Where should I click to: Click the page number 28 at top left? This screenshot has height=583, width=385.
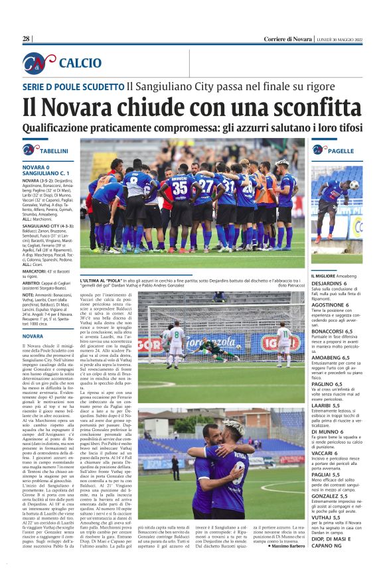pyautogui.click(x=26, y=38)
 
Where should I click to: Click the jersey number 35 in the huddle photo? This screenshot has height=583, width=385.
pyautogui.click(x=180, y=188)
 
